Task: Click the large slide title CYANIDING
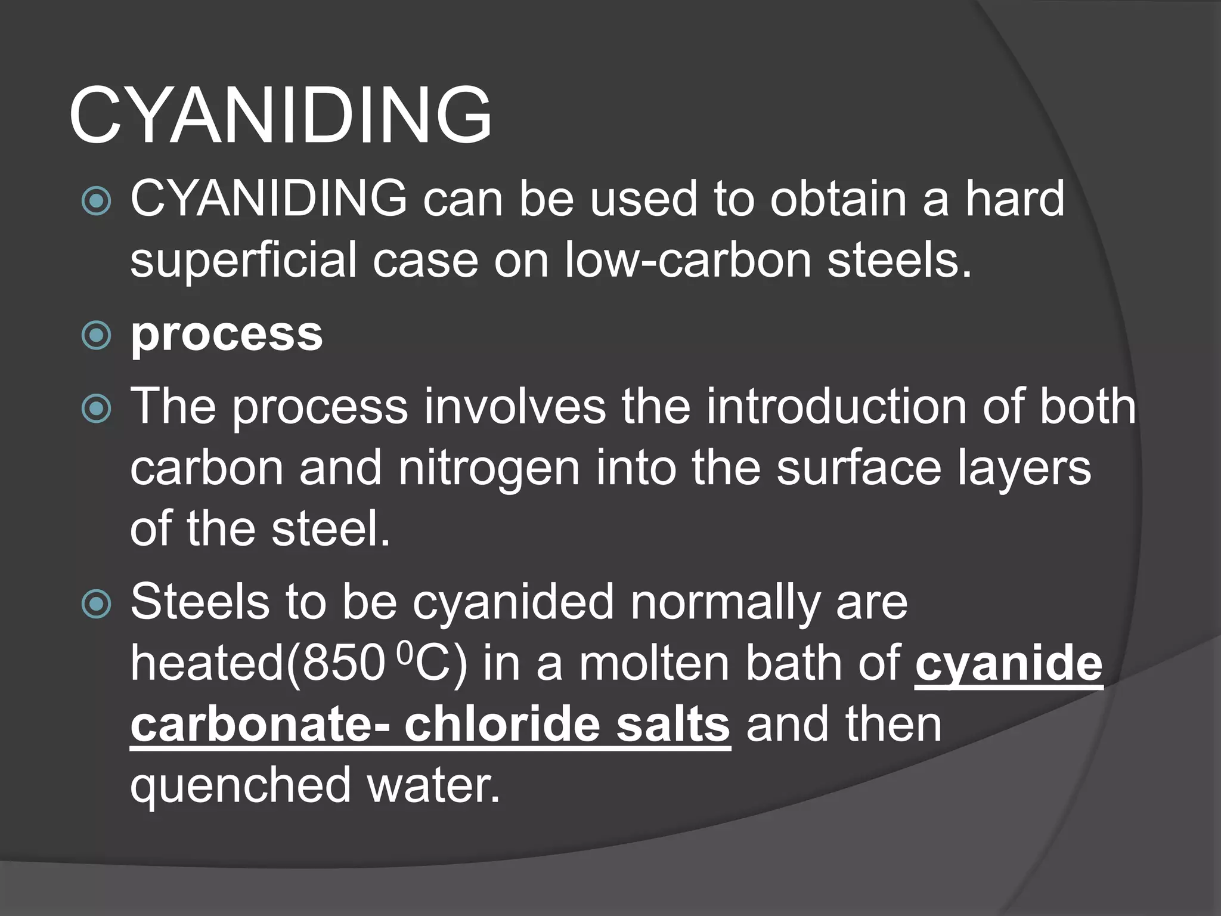click(x=280, y=114)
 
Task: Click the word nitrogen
click(x=489, y=468)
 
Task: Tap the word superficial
click(x=244, y=261)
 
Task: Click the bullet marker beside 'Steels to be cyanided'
click(x=96, y=604)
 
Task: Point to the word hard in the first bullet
click(x=1014, y=198)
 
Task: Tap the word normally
click(x=725, y=604)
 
